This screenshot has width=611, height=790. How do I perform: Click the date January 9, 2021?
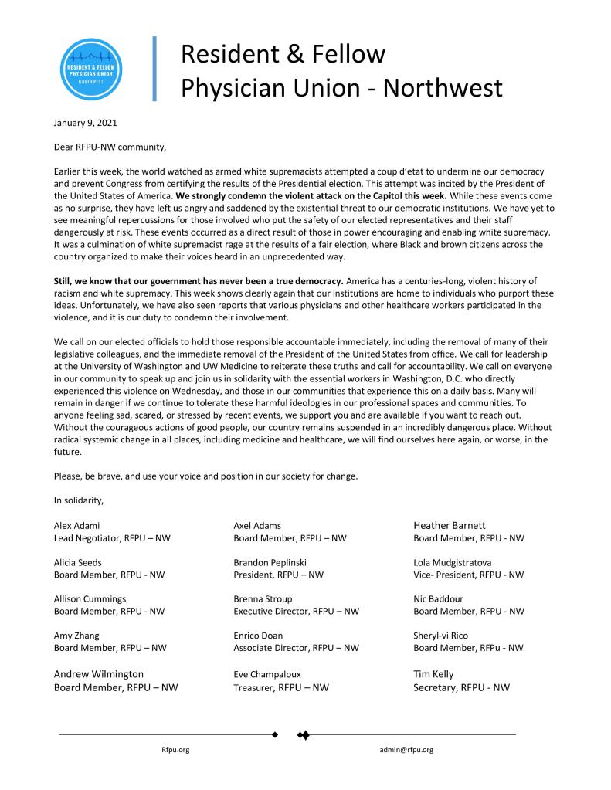pos(86,123)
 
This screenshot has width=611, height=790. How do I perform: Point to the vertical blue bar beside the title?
pos(155,69)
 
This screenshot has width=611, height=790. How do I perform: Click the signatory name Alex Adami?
pos(76,526)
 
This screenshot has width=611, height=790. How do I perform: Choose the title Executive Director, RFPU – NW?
pos(296,611)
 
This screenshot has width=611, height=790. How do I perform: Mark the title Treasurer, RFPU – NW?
pos(280,687)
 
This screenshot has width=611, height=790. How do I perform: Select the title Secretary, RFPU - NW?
pos(461,687)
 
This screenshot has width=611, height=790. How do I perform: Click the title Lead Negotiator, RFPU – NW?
pos(112,537)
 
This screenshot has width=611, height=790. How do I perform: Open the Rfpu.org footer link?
pos(175,749)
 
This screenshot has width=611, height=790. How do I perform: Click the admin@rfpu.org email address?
pos(406,749)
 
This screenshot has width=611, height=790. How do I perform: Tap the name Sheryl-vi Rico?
pos(446,636)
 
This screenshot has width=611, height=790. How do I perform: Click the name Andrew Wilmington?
pos(99,674)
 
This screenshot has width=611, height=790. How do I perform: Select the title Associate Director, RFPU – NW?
pos(296,648)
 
